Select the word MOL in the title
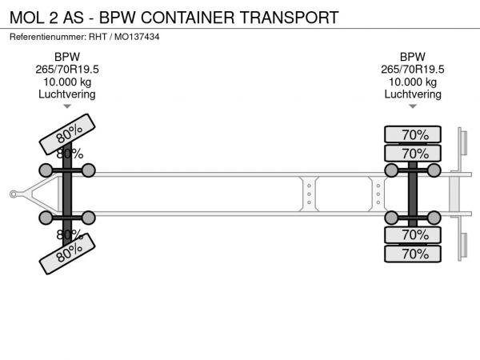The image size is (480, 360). click(29, 17)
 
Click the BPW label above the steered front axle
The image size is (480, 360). click(67, 57)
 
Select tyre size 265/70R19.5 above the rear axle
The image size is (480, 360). click(413, 70)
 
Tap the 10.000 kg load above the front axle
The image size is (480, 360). click(67, 82)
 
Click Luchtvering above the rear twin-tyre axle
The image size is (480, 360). click(413, 94)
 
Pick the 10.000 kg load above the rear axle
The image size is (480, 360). click(413, 82)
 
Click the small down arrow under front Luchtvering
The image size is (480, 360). click(67, 106)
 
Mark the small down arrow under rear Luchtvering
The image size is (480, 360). click(413, 106)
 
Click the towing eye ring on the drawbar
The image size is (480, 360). click(14, 193)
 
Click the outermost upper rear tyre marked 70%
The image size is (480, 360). click(413, 134)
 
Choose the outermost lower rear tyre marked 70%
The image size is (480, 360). click(413, 254)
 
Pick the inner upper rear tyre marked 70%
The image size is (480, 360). click(413, 153)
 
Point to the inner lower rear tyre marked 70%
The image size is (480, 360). click(413, 235)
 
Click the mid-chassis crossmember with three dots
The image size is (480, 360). click(309, 193)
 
